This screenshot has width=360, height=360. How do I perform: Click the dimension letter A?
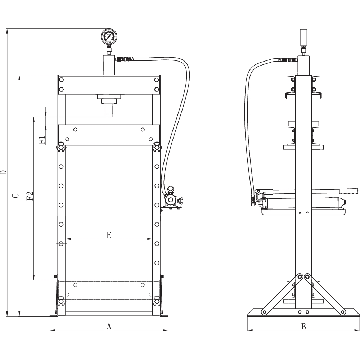pyautogui.click(x=109, y=326)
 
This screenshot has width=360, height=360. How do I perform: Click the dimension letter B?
pyautogui.click(x=303, y=326)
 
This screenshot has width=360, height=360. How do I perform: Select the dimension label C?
pyautogui.click(x=15, y=195)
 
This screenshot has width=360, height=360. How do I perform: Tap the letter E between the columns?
pyautogui.click(x=109, y=235)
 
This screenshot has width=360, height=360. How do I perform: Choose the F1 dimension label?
pyautogui.click(x=42, y=140)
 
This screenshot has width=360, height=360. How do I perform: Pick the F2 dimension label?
pyautogui.click(x=30, y=196)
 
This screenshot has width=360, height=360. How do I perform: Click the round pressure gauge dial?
pyautogui.click(x=109, y=36)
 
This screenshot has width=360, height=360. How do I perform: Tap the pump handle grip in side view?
pyautogui.click(x=348, y=191)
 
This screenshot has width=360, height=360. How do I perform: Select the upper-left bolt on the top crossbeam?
pyautogui.click(x=61, y=80)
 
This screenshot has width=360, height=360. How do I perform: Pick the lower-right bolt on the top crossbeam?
pyautogui.click(x=157, y=89)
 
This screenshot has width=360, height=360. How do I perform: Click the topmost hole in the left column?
pyautogui.click(x=61, y=167)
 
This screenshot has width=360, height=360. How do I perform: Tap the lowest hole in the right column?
pyautogui.click(x=157, y=263)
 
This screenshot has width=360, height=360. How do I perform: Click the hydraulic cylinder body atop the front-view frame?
pyautogui.click(x=109, y=65)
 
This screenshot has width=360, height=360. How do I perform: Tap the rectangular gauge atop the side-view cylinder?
pyautogui.click(x=303, y=37)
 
